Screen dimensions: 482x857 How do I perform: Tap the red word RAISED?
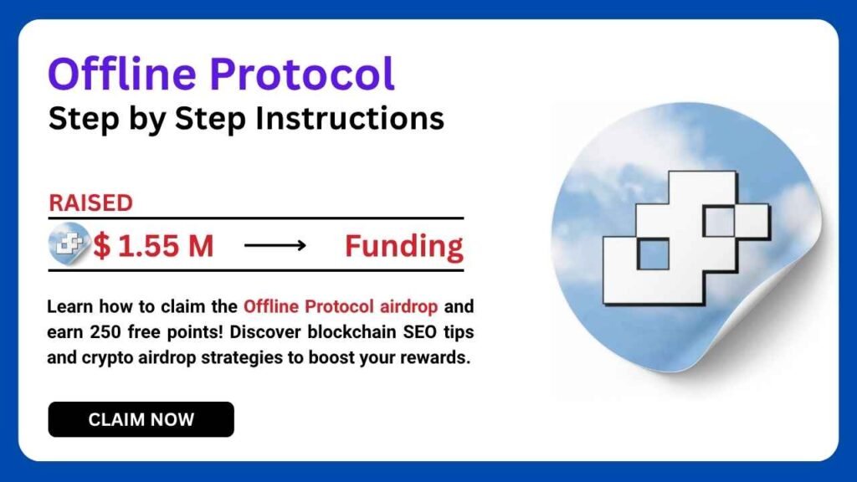(90, 203)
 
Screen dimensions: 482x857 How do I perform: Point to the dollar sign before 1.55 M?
(102, 246)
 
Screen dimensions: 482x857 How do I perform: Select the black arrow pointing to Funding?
(276, 246)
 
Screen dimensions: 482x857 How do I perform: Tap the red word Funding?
(404, 246)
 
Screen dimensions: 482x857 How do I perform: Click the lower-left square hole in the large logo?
(654, 254)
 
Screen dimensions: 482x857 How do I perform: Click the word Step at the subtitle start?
(75, 118)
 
